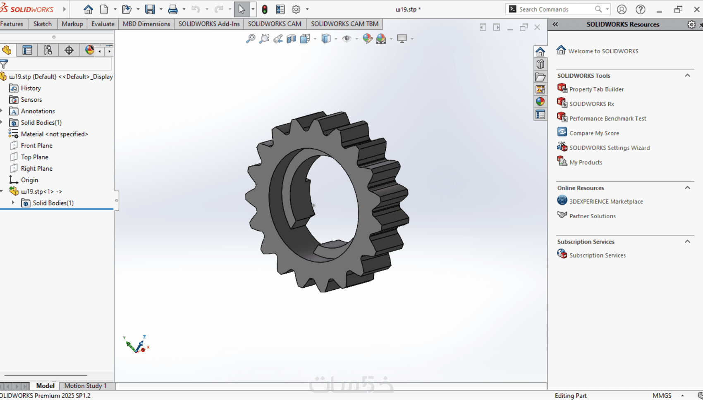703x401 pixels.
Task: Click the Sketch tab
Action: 42,24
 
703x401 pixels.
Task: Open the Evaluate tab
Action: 103,24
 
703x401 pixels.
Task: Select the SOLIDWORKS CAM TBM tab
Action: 344,24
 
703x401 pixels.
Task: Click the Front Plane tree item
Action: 36,146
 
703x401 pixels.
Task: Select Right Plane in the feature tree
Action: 36,169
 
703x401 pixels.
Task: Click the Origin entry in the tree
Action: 29,180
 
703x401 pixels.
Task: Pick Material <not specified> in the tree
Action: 54,134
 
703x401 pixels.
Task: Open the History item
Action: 31,88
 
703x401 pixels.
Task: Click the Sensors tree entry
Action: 31,100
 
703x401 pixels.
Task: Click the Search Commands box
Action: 555,10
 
